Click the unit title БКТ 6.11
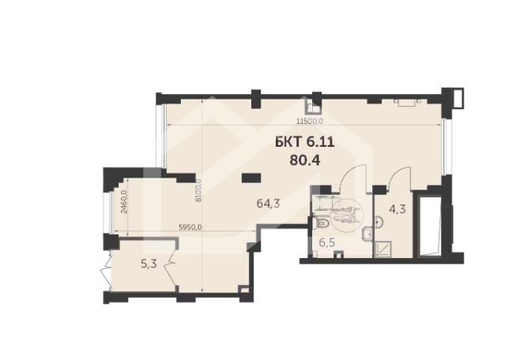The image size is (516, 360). (305, 142)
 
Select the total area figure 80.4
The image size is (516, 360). (305, 160)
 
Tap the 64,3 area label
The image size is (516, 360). (268, 204)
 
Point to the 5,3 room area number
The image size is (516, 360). (149, 264)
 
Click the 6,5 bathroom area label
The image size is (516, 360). (327, 242)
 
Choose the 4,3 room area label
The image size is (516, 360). (397, 209)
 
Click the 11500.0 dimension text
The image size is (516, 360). (309, 122)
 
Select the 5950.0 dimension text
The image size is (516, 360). (190, 227)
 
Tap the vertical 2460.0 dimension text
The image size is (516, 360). (124, 202)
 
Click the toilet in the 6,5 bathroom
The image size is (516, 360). (319, 223)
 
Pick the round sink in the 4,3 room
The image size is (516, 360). (379, 223)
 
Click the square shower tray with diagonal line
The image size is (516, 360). (382, 249)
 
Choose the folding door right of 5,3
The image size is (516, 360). (173, 272)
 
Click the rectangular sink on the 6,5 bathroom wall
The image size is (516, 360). (368, 234)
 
